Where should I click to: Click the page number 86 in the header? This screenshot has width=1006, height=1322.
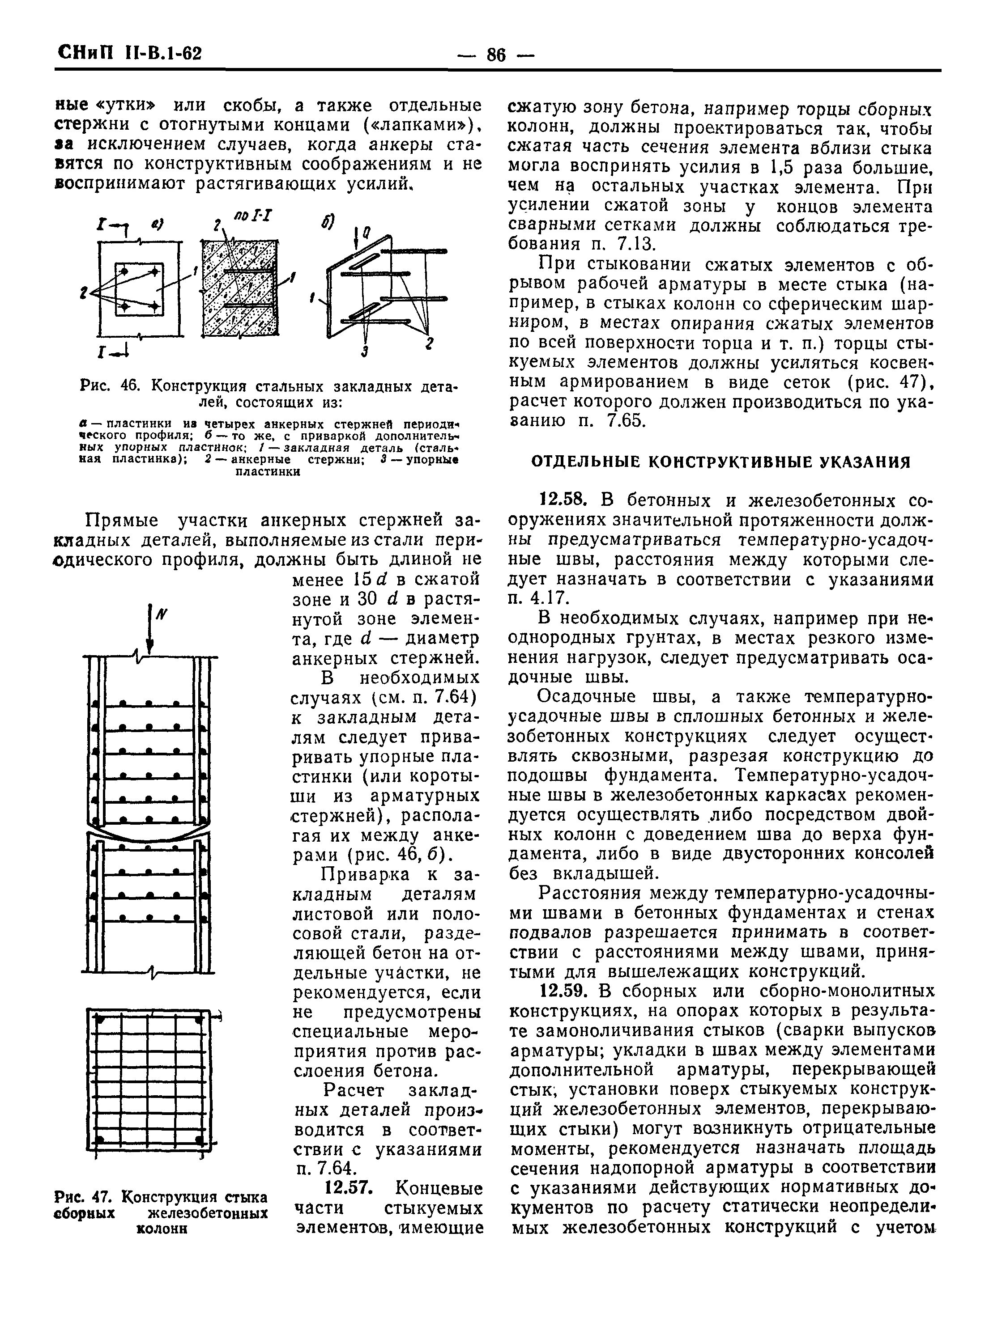(496, 55)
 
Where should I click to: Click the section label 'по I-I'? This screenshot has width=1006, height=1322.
(254, 216)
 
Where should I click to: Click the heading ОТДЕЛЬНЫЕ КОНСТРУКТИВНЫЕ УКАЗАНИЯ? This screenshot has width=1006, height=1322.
(721, 462)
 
